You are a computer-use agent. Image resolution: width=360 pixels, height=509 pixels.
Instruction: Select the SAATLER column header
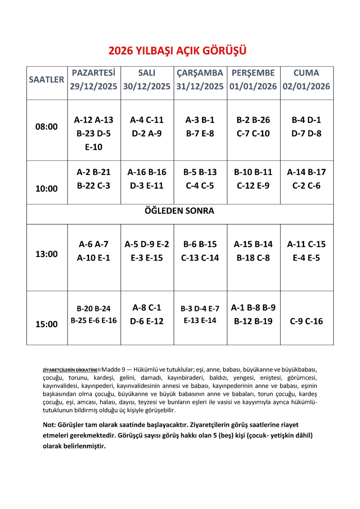(x=47, y=80)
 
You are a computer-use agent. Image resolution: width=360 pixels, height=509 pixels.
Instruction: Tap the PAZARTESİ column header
(x=94, y=73)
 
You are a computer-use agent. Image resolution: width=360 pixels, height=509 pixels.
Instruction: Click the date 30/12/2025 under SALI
(x=147, y=86)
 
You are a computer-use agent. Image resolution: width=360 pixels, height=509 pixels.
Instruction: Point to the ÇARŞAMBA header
(x=200, y=73)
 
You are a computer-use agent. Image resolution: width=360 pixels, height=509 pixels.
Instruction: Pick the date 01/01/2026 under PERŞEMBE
(x=253, y=86)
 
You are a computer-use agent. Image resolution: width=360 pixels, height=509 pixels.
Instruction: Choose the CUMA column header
(x=306, y=73)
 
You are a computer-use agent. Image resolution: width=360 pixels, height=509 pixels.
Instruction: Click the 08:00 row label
(x=47, y=127)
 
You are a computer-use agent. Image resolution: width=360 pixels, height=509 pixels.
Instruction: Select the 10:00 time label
(x=47, y=189)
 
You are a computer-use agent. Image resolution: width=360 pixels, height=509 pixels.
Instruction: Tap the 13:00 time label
(x=47, y=254)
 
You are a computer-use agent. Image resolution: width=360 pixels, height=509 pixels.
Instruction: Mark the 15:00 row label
(x=47, y=324)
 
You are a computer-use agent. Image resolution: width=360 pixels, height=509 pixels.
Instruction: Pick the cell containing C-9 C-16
(x=306, y=321)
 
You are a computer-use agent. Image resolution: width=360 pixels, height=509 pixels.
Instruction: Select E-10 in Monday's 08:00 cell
(x=94, y=147)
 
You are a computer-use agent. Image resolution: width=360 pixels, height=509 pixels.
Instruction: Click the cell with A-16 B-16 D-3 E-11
(x=147, y=179)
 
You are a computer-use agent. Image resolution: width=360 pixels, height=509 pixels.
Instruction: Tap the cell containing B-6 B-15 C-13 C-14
(x=200, y=251)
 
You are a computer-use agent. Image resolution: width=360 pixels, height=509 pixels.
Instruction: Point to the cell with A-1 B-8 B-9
(x=253, y=315)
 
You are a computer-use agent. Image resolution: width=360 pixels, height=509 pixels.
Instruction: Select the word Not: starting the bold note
(x=49, y=425)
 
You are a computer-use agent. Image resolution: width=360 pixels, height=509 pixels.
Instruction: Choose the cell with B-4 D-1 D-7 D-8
(x=306, y=127)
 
